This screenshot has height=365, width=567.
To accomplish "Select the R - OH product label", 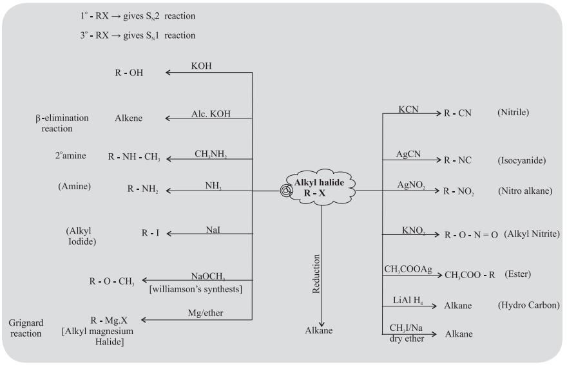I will point(127,73).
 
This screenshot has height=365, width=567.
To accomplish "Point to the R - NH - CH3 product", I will point(134,157).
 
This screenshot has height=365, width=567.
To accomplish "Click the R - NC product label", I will point(457,159).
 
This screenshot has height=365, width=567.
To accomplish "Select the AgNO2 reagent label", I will point(411,185).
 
